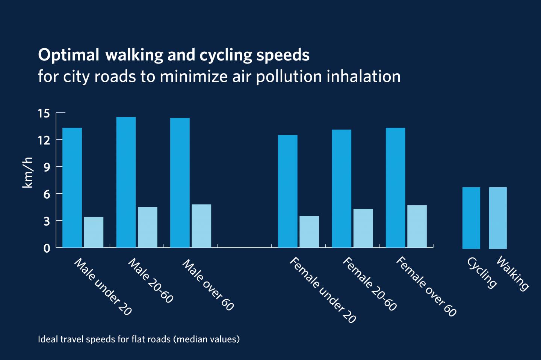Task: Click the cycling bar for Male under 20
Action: [72, 188]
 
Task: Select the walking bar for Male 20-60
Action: [148, 227]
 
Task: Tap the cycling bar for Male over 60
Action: [180, 183]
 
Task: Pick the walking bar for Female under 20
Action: [309, 232]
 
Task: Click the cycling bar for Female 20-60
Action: [342, 188]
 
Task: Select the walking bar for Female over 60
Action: [417, 226]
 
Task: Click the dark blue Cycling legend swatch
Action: [471, 218]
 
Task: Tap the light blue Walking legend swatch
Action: [498, 218]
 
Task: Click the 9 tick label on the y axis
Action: [47, 167]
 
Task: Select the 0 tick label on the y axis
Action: [47, 248]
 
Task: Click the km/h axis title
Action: [28, 173]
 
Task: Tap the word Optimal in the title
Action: [68, 55]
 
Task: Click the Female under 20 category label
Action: [322, 290]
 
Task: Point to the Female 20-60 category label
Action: [369, 284]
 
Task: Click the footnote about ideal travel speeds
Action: [139, 339]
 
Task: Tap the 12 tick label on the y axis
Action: [44, 140]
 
